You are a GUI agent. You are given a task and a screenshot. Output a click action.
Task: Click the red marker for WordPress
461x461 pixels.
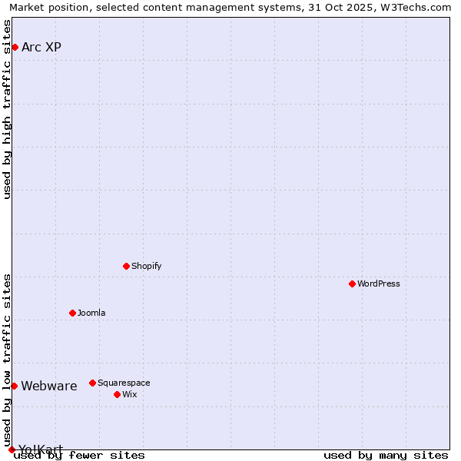[352, 284]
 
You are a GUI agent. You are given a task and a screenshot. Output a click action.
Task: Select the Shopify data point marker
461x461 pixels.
[126, 266]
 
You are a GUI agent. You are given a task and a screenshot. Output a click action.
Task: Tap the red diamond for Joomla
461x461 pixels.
[72, 313]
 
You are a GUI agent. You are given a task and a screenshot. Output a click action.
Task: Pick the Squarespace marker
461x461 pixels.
[92, 383]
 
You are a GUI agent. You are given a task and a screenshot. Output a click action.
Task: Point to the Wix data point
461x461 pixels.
[117, 394]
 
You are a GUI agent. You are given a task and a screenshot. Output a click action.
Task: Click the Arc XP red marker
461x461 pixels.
[15, 48]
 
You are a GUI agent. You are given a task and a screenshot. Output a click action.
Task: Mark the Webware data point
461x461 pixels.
[14, 386]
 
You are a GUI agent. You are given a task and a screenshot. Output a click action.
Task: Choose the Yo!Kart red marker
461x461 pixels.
[12, 449]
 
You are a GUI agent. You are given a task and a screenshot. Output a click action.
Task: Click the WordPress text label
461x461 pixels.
[379, 284]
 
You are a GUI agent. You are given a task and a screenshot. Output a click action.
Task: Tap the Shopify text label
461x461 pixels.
[146, 266]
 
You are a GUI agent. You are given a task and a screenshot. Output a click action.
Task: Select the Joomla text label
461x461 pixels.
[91, 313]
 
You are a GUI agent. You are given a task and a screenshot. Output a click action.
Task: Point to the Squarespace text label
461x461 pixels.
[124, 383]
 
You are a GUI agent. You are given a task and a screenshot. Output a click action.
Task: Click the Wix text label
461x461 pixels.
[129, 394]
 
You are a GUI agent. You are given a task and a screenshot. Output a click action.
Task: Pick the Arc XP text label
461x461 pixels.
[41, 48]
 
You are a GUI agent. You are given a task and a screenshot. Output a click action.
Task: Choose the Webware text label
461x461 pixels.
[49, 386]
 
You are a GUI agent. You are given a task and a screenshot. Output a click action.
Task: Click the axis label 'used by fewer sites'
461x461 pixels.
[79, 456]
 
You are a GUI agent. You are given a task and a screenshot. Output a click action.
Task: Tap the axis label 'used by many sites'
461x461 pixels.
[386, 456]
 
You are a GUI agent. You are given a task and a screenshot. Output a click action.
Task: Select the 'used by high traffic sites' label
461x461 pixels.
[7, 109]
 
